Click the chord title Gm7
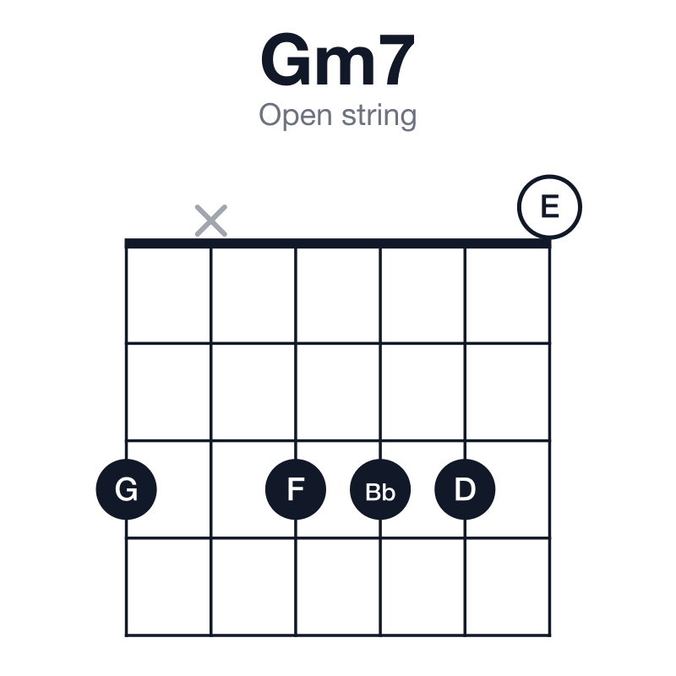[x=337, y=59]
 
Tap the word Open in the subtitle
[x=295, y=116]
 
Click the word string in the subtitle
[x=379, y=116]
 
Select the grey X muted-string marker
[x=210, y=221]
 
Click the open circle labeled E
[x=549, y=175]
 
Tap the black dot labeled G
[x=126, y=489]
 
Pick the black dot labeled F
[x=296, y=489]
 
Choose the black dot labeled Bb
[x=380, y=489]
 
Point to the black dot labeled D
[x=465, y=489]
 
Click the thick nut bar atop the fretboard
[x=338, y=243]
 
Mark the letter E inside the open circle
[x=550, y=206]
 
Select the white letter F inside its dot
[x=297, y=489]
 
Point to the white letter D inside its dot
[x=466, y=489]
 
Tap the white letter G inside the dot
[x=126, y=489]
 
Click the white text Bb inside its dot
[x=380, y=492]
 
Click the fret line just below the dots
[x=338, y=538]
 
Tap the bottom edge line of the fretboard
[x=338, y=635]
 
